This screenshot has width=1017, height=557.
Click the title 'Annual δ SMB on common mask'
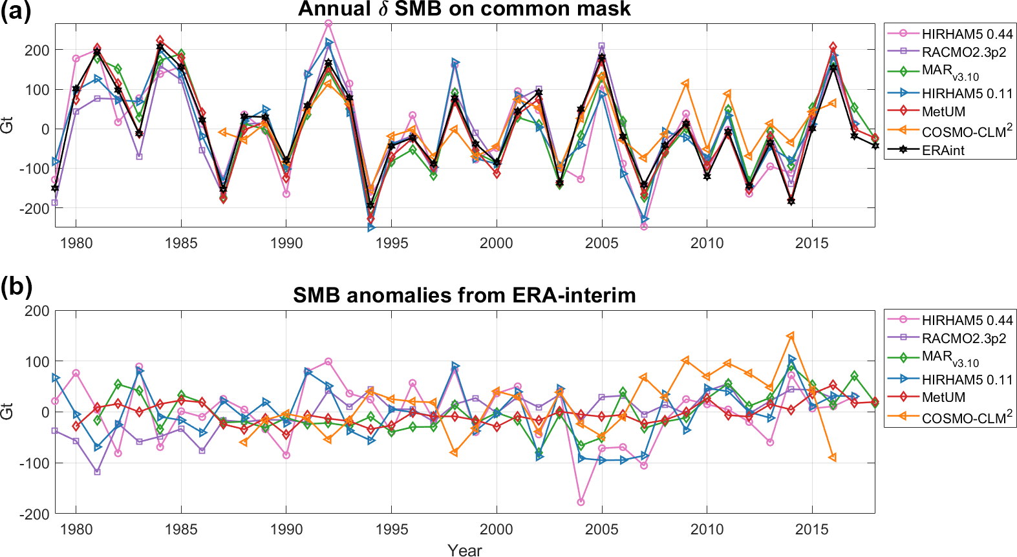(x=464, y=9)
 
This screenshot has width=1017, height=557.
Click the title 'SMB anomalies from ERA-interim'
(x=464, y=295)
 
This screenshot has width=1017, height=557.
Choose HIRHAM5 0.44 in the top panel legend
(x=967, y=34)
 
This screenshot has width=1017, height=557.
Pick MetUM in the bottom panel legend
(x=943, y=397)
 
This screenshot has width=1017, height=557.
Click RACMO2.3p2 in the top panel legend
(x=963, y=52)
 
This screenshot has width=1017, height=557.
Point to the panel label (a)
(x=16, y=12)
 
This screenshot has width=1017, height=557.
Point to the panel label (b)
(x=16, y=286)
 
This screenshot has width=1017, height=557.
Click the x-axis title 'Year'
(x=464, y=550)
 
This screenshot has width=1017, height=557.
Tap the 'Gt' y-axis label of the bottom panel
(x=7, y=412)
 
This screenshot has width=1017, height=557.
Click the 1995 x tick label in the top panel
(x=391, y=243)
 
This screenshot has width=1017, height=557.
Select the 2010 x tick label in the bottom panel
(x=707, y=529)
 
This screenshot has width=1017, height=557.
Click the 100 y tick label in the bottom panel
(x=37, y=361)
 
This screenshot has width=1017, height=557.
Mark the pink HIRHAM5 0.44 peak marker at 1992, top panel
(x=328, y=24)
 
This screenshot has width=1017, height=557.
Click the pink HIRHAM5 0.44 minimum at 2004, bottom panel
(x=581, y=502)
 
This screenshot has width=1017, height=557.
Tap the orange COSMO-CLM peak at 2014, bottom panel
(x=791, y=336)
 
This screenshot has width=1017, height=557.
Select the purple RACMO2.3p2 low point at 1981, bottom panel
(x=97, y=472)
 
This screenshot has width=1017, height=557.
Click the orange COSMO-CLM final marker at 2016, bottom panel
(x=833, y=457)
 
